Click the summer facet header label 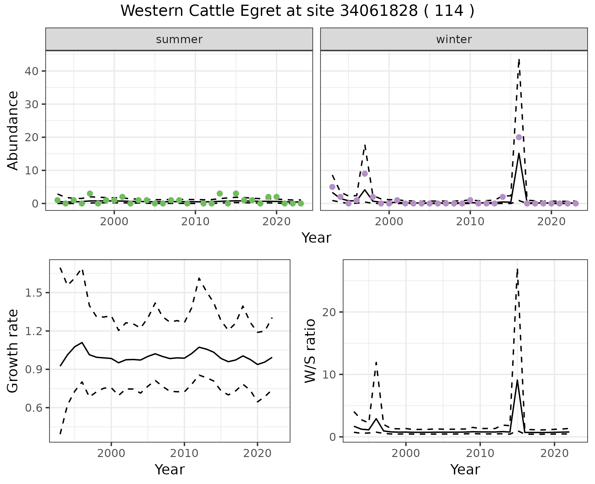[x=179, y=39]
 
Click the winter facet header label [x=454, y=39]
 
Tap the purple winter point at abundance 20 [x=519, y=137]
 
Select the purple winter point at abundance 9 [x=365, y=173]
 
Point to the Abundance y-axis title [x=13, y=130]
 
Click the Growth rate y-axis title [x=13, y=351]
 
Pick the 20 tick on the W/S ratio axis [x=329, y=312]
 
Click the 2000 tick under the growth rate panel [x=111, y=453]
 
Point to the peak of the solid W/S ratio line [x=517, y=380]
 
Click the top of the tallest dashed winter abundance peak [x=519, y=59]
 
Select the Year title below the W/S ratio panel [x=465, y=469]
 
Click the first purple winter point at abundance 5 [x=332, y=187]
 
